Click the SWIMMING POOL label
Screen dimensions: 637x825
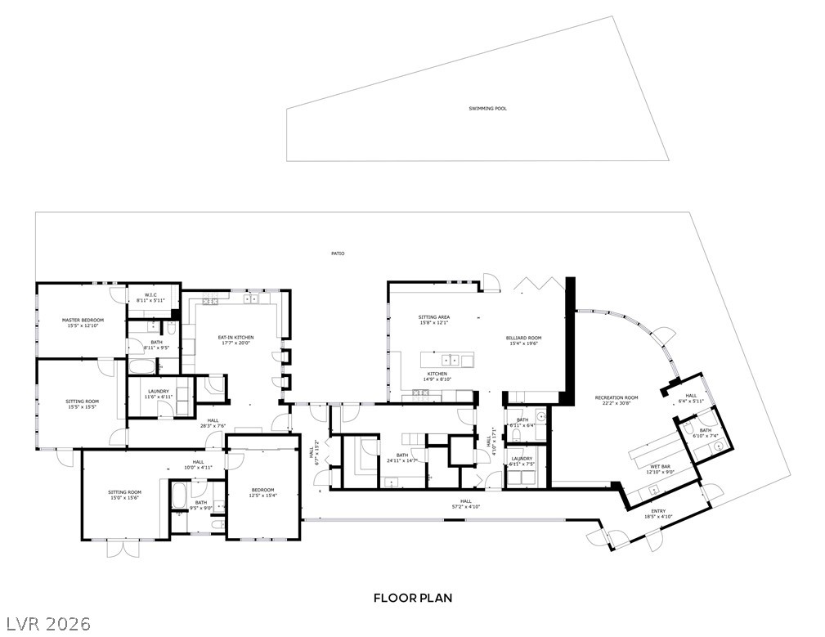[x=487, y=109]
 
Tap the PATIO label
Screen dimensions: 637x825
[x=338, y=253]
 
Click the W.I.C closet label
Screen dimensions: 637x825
[x=150, y=295]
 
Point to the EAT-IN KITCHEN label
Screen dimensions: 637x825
[x=235, y=337]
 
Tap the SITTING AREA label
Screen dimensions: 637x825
[x=434, y=317]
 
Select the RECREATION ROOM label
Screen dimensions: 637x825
[x=617, y=397]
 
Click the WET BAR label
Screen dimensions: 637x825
[x=661, y=467]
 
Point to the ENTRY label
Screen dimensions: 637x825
[x=658, y=511]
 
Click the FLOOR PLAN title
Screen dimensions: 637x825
[x=413, y=598]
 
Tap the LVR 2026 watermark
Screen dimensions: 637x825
[x=47, y=623]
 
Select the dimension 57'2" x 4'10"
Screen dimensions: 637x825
[x=466, y=506]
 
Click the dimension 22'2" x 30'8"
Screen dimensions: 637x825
[x=617, y=403]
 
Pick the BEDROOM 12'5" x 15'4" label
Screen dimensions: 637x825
[x=262, y=492]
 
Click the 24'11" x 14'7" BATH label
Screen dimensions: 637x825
[x=401, y=458]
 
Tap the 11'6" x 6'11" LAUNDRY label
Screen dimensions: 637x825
[x=159, y=393]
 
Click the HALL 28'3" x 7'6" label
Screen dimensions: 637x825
[x=213, y=423]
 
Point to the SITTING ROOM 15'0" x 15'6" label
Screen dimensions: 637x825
[x=125, y=495]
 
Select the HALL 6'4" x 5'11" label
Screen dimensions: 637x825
[x=691, y=398]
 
